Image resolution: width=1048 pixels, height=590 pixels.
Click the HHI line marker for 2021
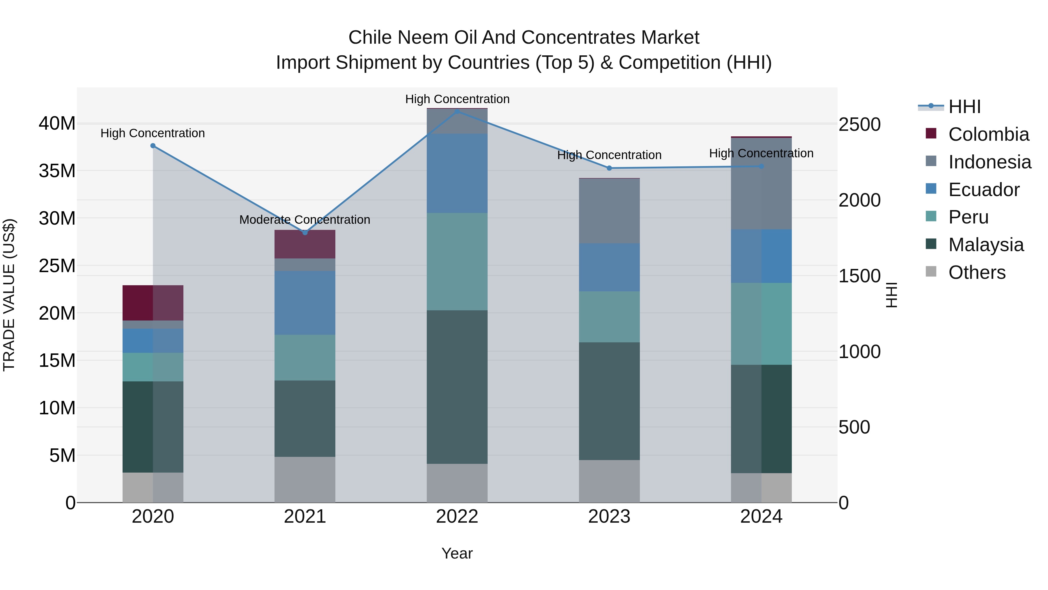tap(305, 233)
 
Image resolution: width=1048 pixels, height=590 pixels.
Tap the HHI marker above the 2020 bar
tap(153, 146)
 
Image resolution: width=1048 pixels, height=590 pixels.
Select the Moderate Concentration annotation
tap(305, 220)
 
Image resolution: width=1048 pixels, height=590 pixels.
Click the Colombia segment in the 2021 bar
tap(305, 244)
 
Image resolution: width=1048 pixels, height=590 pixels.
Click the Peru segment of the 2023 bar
tap(609, 317)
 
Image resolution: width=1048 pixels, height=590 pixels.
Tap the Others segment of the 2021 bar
tap(305, 479)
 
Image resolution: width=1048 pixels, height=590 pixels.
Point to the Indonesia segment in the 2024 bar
tap(761, 183)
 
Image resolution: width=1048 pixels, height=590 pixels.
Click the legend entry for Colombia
tap(989, 134)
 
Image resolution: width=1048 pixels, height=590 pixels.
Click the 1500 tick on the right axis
tap(860, 276)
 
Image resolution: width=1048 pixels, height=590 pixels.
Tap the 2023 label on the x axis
tap(609, 517)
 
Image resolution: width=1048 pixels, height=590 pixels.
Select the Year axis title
tap(457, 553)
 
